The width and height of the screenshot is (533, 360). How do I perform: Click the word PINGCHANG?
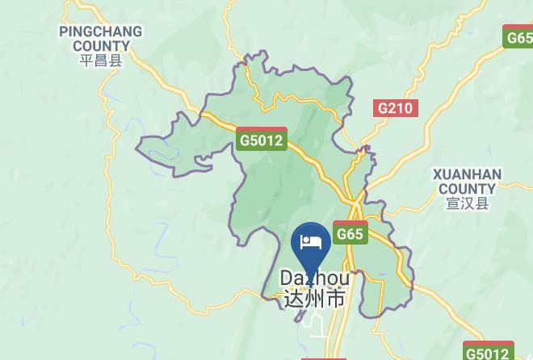[x=100, y=31]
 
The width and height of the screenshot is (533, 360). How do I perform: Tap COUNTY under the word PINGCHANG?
[x=100, y=46]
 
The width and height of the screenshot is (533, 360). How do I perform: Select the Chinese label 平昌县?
[x=100, y=61]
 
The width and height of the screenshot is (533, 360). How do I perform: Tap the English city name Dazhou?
[x=315, y=278]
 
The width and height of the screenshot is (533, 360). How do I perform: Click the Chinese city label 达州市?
[x=315, y=299]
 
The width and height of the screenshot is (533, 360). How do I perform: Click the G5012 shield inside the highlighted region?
[x=262, y=140]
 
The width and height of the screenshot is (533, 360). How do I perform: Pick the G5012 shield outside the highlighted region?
[x=489, y=352]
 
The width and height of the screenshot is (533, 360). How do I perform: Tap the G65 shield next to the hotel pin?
[x=350, y=233]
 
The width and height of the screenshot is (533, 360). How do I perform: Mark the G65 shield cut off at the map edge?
[x=518, y=37]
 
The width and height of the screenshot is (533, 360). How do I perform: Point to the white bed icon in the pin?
[x=311, y=241]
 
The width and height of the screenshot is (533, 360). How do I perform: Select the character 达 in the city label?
[x=294, y=299]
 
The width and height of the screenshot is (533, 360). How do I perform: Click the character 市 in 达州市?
[x=336, y=299]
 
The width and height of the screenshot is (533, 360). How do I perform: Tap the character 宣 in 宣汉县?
[x=453, y=203]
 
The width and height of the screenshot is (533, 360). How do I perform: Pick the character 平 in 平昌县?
[x=86, y=61]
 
